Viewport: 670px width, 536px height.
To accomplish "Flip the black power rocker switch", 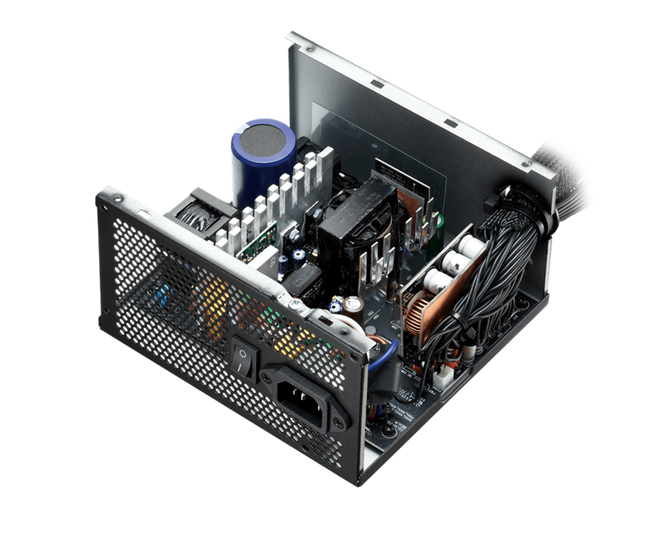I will click(x=244, y=354).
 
